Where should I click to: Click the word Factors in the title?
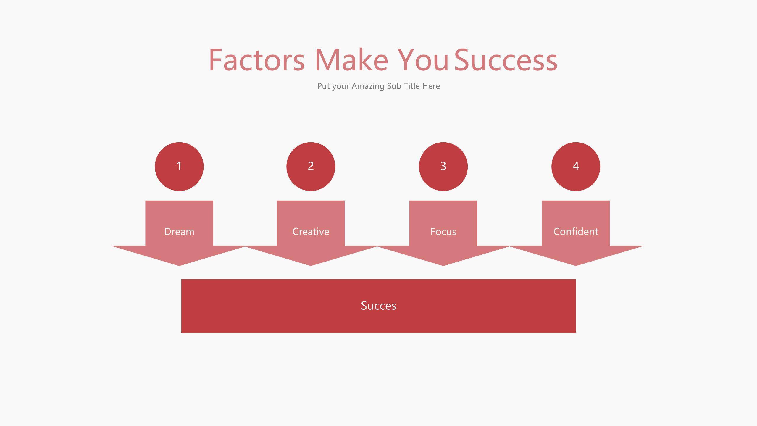point(256,60)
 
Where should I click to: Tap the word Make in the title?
point(351,60)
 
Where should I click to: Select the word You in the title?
point(423,60)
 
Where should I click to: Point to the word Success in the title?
point(506,60)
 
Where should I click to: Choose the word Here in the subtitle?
point(431,86)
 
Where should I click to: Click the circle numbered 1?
point(179,166)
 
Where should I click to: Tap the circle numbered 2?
point(311,166)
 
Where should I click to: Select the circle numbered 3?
point(443,166)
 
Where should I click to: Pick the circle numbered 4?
point(576,166)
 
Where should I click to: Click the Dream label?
point(179,231)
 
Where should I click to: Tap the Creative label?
point(311,231)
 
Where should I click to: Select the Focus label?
point(443,231)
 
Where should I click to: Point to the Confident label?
point(576,231)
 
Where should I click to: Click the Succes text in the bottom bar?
point(378,306)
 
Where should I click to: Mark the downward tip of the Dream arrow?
point(179,264)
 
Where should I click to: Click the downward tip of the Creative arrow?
point(311,264)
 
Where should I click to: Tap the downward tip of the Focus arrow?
point(443,264)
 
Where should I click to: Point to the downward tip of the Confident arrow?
point(576,264)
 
